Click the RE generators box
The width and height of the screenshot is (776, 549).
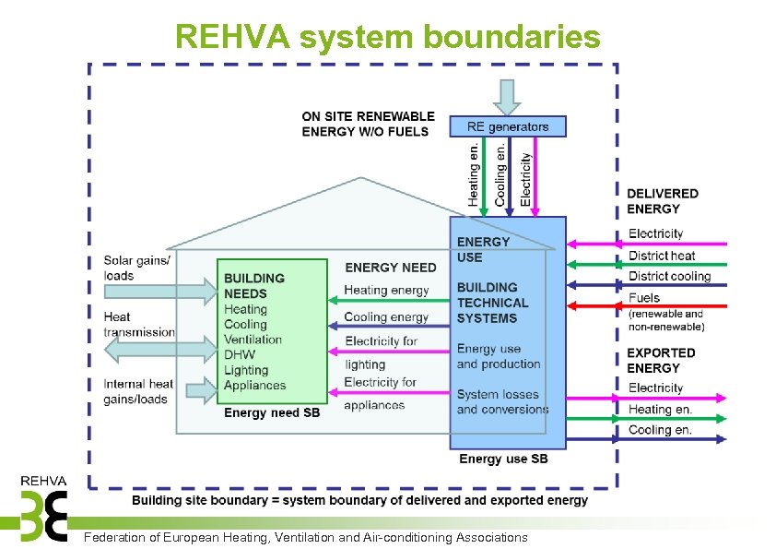pyautogui.click(x=507, y=126)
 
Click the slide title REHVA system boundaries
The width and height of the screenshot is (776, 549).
pyautogui.click(x=387, y=36)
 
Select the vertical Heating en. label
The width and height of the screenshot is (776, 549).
pyautogui.click(x=473, y=173)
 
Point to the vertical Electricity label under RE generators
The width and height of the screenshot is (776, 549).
pyautogui.click(x=525, y=178)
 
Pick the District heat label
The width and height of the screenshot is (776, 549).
pyautogui.click(x=661, y=256)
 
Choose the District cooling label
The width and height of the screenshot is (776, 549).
pyautogui.click(x=669, y=276)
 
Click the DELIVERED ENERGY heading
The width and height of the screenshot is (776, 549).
pyautogui.click(x=663, y=201)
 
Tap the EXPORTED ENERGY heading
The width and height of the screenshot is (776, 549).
pyautogui.click(x=661, y=360)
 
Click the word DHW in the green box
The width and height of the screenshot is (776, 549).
pyautogui.click(x=240, y=355)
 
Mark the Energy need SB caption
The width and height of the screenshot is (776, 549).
pyautogui.click(x=272, y=413)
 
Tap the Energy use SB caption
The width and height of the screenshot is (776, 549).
pyautogui.click(x=503, y=459)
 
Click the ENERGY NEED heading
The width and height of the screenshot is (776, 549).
pyautogui.click(x=391, y=268)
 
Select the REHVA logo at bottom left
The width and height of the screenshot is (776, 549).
pyautogui.click(x=43, y=508)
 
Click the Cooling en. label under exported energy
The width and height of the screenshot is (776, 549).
pyautogui.click(x=660, y=430)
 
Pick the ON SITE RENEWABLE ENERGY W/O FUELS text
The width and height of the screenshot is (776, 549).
pyautogui.click(x=368, y=124)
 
